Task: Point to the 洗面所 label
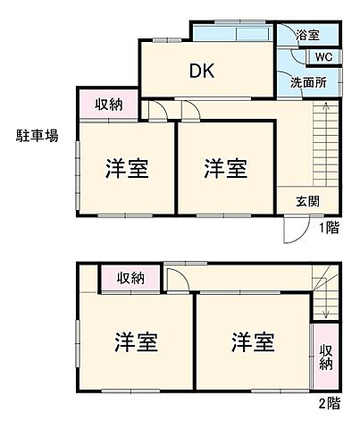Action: coord(307,82)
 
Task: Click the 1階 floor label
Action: coord(329,227)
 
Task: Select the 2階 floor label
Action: coord(329,403)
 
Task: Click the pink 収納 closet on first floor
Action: coord(108,104)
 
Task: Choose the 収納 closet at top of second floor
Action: coord(130,279)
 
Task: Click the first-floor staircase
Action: coord(323,143)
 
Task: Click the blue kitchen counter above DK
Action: coord(231,35)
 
